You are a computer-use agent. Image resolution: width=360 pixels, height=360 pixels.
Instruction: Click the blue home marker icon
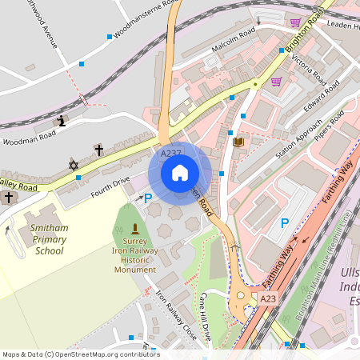pos(180,173)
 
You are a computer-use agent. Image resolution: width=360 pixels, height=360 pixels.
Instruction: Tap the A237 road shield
pos(170,153)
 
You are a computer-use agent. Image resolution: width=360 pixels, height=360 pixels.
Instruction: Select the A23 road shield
pos(269,298)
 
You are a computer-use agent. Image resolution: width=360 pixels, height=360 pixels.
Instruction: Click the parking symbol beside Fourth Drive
pos(147,198)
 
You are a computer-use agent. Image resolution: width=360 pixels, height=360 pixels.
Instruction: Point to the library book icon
pos(238,142)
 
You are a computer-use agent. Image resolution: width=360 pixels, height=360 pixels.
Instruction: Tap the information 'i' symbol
pos(62,121)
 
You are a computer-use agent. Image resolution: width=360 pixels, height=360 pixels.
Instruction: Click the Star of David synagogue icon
pos(74,165)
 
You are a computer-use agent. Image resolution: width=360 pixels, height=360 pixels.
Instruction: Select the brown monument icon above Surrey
pos(134,230)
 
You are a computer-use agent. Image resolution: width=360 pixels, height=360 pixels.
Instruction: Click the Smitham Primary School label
pos(38,239)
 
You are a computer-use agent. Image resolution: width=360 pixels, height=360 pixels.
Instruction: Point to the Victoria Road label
pos(309,70)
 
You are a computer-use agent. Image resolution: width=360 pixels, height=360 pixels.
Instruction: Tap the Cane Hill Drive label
pos(206,318)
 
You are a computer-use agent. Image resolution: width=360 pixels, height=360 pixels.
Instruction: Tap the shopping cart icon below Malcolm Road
pos(276,82)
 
